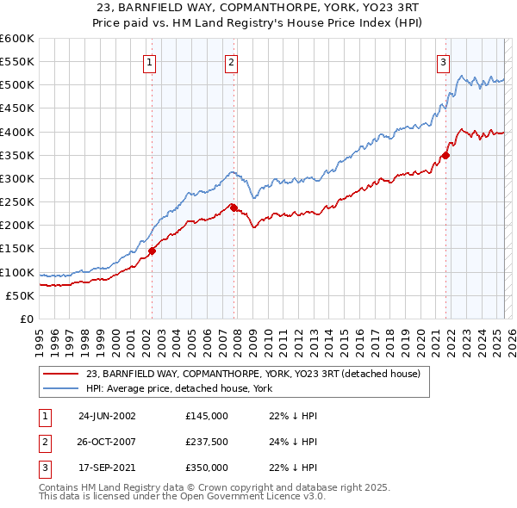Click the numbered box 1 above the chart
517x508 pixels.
coord(150,61)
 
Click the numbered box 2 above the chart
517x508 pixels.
coord(233,61)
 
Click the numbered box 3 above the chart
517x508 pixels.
coord(443,61)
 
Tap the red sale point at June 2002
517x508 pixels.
coord(153,251)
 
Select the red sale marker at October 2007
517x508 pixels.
coord(234,208)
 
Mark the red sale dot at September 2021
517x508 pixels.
coord(445,155)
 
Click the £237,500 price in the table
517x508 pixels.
coord(206,442)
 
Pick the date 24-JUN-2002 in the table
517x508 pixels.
coord(107,416)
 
